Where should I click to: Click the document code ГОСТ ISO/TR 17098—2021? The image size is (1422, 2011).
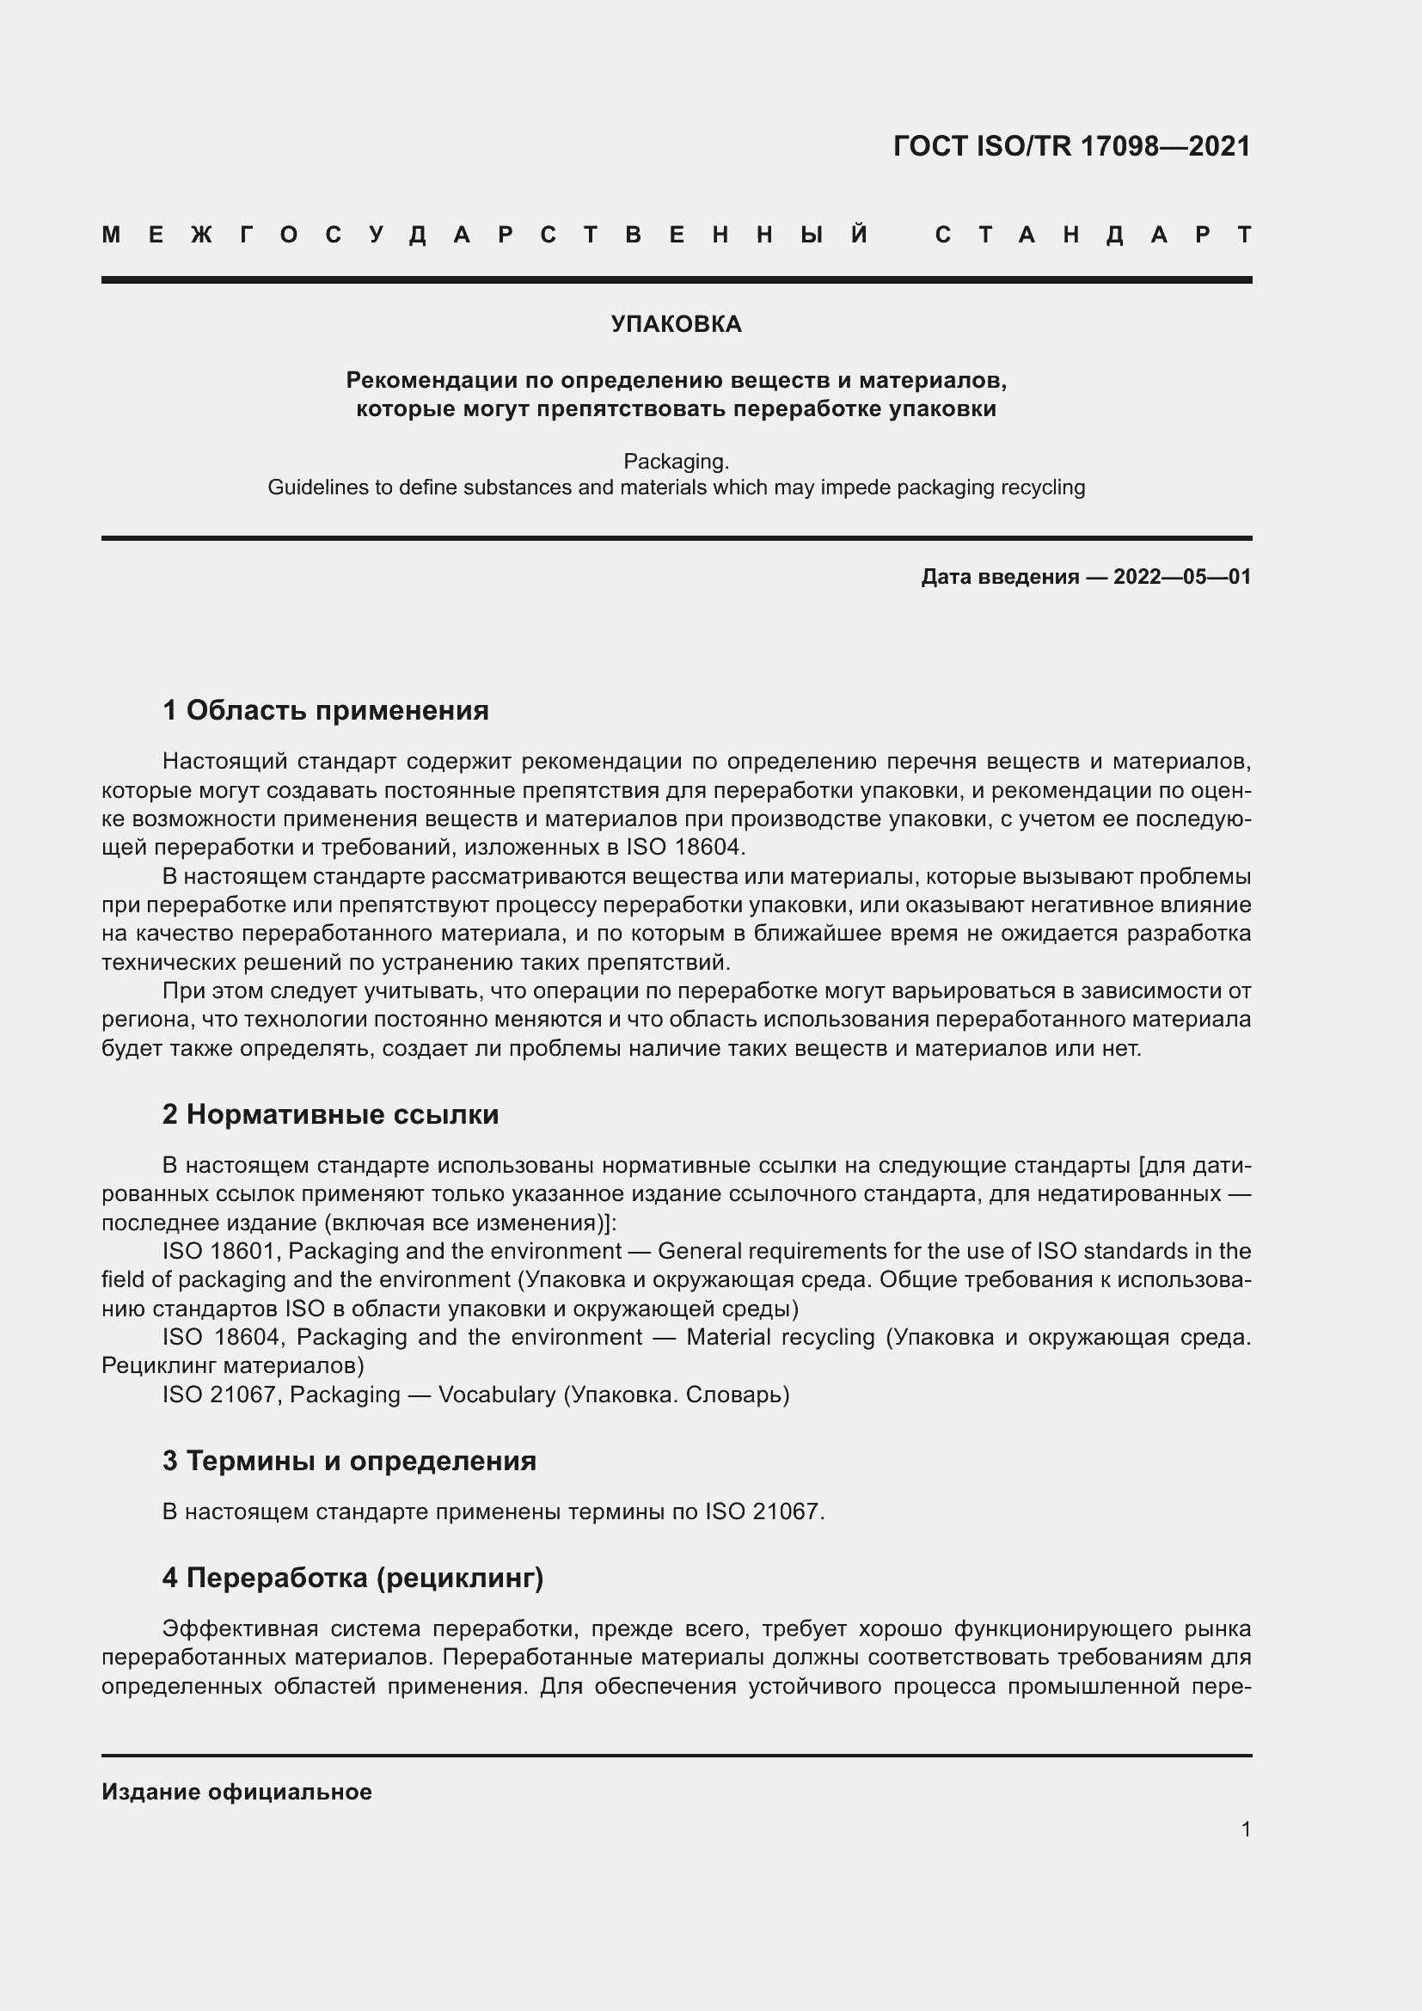pyautogui.click(x=1072, y=146)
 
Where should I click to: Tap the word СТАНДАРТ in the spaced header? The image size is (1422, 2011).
pyautogui.click(x=1094, y=236)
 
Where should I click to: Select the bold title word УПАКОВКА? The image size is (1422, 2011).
pyautogui.click(x=676, y=325)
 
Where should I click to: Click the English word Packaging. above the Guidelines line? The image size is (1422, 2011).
pyautogui.click(x=676, y=461)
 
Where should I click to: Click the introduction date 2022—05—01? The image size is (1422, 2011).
pyautogui.click(x=1182, y=577)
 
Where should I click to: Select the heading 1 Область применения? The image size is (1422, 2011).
pyautogui.click(x=326, y=710)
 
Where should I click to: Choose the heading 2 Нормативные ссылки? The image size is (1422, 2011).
pyautogui.click(x=330, y=1115)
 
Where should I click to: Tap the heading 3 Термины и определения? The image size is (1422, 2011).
pyautogui.click(x=349, y=1461)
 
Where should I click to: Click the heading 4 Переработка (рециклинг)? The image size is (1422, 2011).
pyautogui.click(x=352, y=1578)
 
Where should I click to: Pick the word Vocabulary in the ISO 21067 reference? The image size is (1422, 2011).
pyautogui.click(x=496, y=1395)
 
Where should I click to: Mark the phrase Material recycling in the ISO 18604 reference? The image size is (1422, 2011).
pyautogui.click(x=780, y=1338)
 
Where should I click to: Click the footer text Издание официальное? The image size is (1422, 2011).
pyautogui.click(x=236, y=1792)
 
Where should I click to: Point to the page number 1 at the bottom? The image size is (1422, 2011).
pyautogui.click(x=1246, y=1830)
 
